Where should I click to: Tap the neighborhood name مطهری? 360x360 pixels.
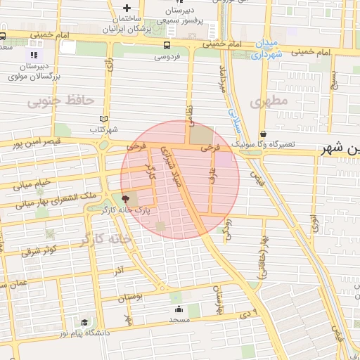click(x=269, y=101)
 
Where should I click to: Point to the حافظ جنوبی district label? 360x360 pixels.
click(x=60, y=101)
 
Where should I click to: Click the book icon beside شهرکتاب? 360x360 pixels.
click(x=105, y=119)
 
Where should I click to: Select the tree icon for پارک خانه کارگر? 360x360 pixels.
click(x=126, y=199)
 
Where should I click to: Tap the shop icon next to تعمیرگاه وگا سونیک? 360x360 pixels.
click(x=263, y=134)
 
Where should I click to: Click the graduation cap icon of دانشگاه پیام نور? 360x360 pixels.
click(x=84, y=323)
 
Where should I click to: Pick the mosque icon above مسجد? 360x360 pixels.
click(x=179, y=309)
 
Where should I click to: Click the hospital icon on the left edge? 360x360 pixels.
click(x=33, y=55)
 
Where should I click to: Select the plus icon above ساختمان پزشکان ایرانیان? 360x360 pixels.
click(x=127, y=6)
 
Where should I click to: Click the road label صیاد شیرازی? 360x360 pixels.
click(x=172, y=169)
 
